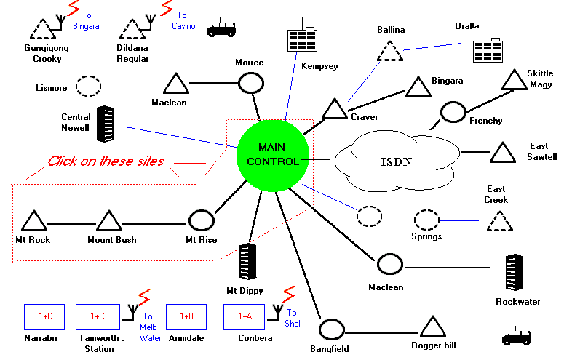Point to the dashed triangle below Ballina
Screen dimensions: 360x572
pyautogui.click(x=390, y=52)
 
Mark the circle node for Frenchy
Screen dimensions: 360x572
pyautogui.click(x=453, y=113)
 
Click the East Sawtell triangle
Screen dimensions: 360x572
pyautogui.click(x=502, y=153)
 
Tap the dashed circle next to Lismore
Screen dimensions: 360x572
pyautogui.click(x=89, y=86)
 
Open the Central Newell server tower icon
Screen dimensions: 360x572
pyautogui.click(x=107, y=124)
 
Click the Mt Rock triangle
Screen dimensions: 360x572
pyautogui.click(x=33, y=221)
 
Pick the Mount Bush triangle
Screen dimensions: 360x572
pyautogui.click(x=108, y=221)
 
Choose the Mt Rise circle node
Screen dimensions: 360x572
pyautogui.click(x=201, y=220)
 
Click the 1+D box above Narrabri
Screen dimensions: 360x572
pyautogui.click(x=45, y=316)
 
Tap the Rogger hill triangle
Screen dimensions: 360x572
pyautogui.click(x=432, y=327)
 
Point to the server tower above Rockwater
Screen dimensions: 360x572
pyautogui.click(x=516, y=272)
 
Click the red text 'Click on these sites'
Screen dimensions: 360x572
pyautogui.click(x=106, y=161)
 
